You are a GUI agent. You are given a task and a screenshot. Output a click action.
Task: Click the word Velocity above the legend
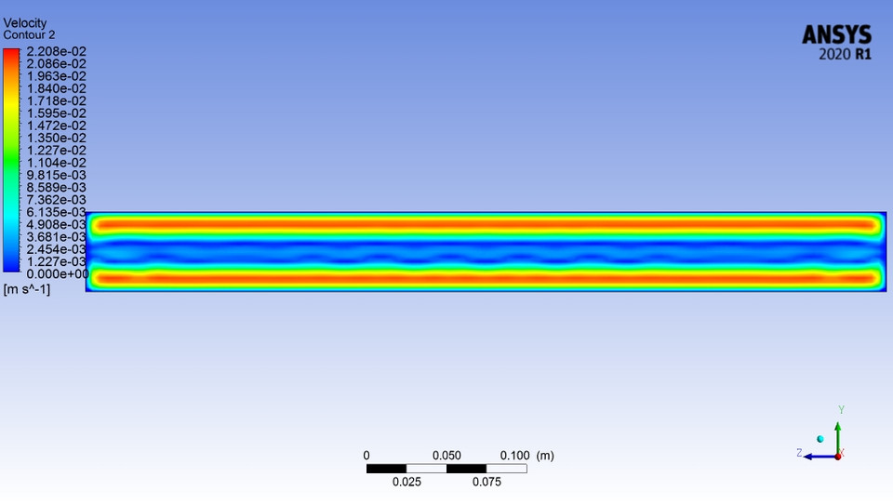click(x=25, y=23)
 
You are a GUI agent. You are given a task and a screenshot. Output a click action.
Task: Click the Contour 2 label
click(x=29, y=34)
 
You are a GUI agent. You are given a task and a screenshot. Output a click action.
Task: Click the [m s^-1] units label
click(x=27, y=290)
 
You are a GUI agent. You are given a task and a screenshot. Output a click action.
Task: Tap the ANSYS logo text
click(x=837, y=35)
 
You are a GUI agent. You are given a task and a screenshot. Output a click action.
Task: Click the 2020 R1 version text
click(x=845, y=55)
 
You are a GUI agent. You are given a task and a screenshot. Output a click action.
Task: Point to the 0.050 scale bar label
click(x=446, y=456)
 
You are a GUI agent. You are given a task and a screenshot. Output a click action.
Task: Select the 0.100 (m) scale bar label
click(x=527, y=456)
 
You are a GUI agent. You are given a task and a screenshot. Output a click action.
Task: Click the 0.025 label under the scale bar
click(x=407, y=482)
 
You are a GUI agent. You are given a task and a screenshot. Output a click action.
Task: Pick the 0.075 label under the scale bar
click(x=486, y=482)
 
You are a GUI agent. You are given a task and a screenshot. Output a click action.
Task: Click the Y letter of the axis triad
click(x=841, y=409)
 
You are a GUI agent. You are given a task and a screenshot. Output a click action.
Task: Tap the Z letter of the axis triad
click(x=799, y=453)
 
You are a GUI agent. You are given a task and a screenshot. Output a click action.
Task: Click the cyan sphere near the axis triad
click(x=820, y=439)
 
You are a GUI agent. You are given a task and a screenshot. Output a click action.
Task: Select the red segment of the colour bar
click(x=10, y=56)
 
